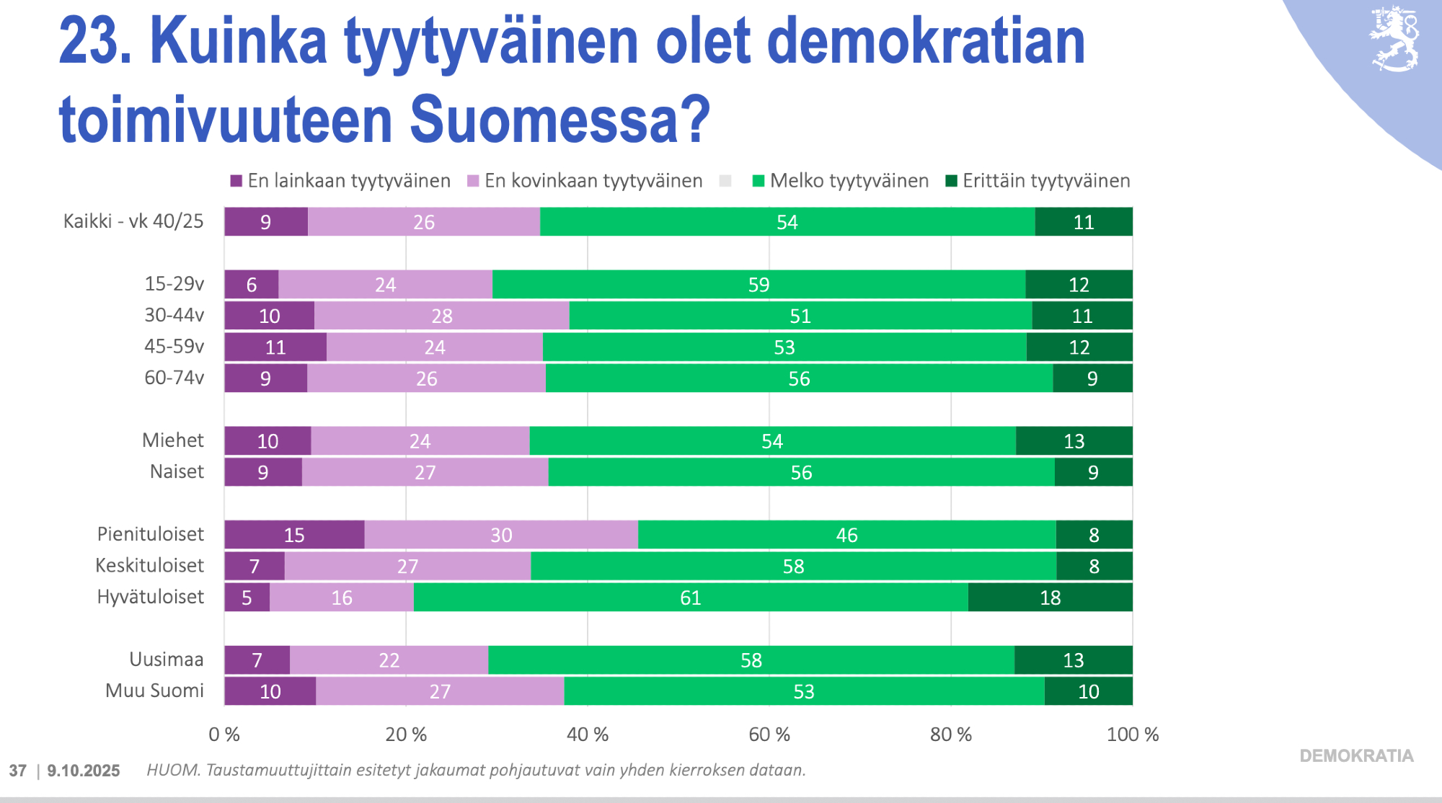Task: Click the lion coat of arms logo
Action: (1394, 39)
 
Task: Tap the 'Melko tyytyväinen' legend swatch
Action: (758, 181)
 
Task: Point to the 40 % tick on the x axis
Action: (588, 735)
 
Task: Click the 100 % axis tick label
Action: (1132, 735)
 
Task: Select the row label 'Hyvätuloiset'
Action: (151, 597)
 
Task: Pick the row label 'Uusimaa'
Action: (167, 660)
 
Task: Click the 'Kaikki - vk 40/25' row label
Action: (133, 221)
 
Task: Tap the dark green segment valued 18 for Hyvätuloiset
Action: (1050, 598)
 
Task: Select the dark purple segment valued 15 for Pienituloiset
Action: (294, 535)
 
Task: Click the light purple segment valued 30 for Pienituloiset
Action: (501, 535)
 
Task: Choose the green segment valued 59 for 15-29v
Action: (758, 285)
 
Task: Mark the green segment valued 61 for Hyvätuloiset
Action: (691, 598)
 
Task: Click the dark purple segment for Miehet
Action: (267, 441)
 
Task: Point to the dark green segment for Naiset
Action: (1093, 472)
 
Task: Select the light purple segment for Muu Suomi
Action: (440, 691)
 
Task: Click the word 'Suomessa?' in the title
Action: (560, 120)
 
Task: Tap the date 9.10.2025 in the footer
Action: (84, 771)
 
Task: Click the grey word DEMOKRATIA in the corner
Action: (1356, 756)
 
